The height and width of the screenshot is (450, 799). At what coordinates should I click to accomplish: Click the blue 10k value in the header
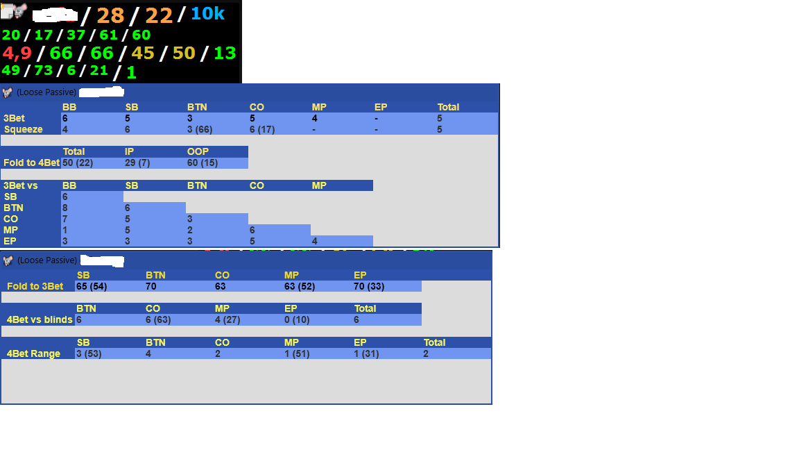pyautogui.click(x=207, y=14)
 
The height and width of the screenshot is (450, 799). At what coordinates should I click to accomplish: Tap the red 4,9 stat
pyautogui.click(x=17, y=53)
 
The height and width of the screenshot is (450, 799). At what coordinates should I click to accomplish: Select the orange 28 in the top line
pyautogui.click(x=110, y=15)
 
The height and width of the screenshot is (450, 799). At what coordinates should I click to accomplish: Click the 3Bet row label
pyautogui.click(x=15, y=118)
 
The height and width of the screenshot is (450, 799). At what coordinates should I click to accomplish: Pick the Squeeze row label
pyautogui.click(x=24, y=130)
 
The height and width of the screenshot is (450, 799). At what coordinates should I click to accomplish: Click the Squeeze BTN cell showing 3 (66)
pyautogui.click(x=200, y=130)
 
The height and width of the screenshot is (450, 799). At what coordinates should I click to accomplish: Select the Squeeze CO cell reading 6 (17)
pyautogui.click(x=262, y=130)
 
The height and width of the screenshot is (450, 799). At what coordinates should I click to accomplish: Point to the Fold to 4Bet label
pyautogui.click(x=32, y=162)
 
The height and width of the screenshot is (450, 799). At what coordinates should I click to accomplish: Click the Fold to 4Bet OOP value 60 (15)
pyautogui.click(x=203, y=162)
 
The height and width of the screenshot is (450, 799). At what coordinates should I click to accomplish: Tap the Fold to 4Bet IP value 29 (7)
pyautogui.click(x=137, y=162)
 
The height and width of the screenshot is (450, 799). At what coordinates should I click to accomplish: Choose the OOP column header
pyautogui.click(x=198, y=151)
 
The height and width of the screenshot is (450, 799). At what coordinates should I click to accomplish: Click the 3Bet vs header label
pyautogui.click(x=20, y=185)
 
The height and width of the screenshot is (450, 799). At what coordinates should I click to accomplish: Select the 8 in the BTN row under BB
pyautogui.click(x=65, y=208)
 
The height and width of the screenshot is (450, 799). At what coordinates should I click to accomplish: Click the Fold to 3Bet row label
pyautogui.click(x=35, y=286)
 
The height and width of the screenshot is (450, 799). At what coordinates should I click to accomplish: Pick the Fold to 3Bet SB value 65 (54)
pyautogui.click(x=92, y=286)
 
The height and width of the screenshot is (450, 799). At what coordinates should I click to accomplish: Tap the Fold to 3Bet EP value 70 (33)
pyautogui.click(x=369, y=286)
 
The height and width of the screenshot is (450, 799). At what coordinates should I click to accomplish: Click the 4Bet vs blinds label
pyautogui.click(x=40, y=320)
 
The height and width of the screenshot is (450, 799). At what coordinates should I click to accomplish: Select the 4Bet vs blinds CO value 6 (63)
pyautogui.click(x=158, y=320)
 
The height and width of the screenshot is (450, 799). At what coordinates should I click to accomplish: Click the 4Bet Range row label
pyautogui.click(x=33, y=353)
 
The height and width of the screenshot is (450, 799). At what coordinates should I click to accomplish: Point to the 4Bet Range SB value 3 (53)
pyautogui.click(x=89, y=353)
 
